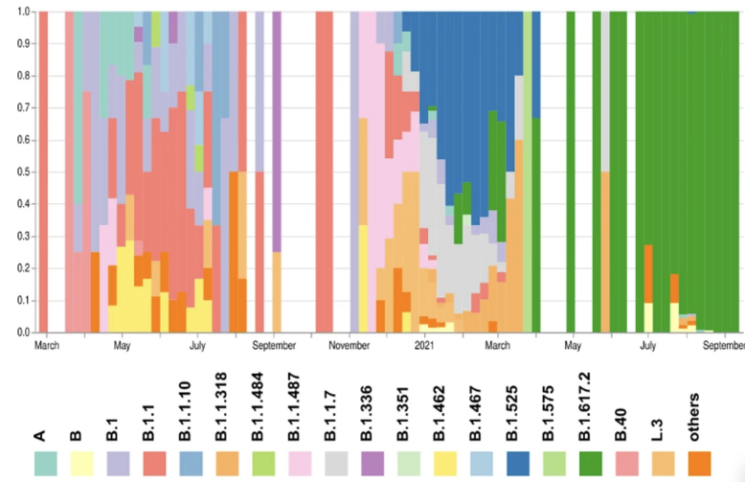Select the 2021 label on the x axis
click(x=425, y=343)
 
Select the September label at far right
click(x=722, y=343)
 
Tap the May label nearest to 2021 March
click(x=573, y=343)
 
